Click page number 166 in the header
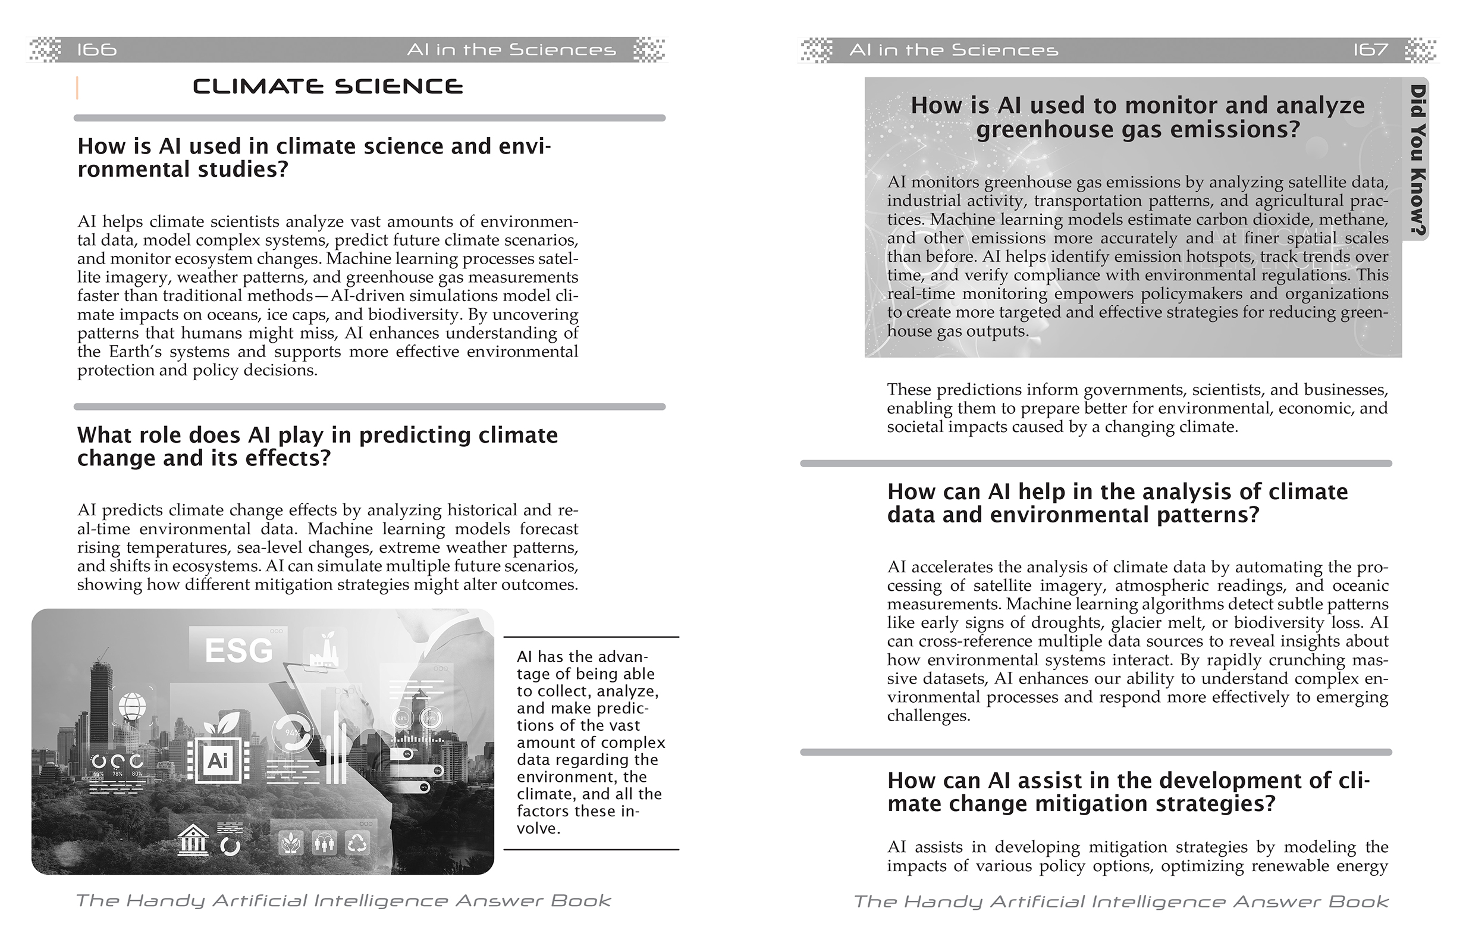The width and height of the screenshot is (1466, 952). pos(97,49)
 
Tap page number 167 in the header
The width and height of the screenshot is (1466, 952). pos(1370,49)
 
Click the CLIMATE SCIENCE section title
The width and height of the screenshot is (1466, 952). pos(328,86)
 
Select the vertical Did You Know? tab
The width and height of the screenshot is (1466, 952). pos(1417,159)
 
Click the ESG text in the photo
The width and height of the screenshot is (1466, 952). pos(238,650)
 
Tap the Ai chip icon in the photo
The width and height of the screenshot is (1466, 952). pos(217,760)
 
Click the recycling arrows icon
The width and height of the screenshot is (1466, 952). pos(358,843)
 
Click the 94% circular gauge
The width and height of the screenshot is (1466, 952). pos(293,732)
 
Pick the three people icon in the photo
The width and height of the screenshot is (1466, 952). pos(324,843)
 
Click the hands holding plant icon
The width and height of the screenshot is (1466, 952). pos(291,843)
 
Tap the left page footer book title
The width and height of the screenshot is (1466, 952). pos(343,901)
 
